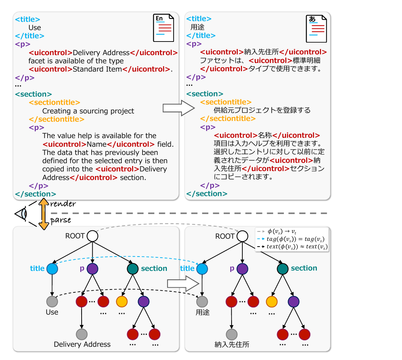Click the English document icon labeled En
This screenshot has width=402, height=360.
point(164,28)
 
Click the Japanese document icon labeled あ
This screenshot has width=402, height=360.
point(316,29)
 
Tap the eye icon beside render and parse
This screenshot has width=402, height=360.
point(22,214)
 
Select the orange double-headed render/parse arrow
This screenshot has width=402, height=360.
point(44,214)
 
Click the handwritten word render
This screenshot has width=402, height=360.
point(63,204)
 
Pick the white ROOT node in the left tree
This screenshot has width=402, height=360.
point(92,236)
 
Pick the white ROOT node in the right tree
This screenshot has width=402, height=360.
point(242,236)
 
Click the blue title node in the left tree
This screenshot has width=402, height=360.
point(52,269)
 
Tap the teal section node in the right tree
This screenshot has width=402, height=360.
point(282,269)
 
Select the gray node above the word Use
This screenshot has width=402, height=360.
point(52,302)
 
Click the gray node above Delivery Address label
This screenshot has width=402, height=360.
point(82,334)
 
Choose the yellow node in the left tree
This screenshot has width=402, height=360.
point(122,302)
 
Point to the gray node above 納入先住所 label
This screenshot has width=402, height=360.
point(232,334)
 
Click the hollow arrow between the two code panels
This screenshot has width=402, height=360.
point(179,108)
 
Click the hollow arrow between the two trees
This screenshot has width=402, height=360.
point(183,284)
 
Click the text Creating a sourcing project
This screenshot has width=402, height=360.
point(88,111)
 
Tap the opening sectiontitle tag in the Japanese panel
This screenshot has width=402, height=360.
point(226,102)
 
